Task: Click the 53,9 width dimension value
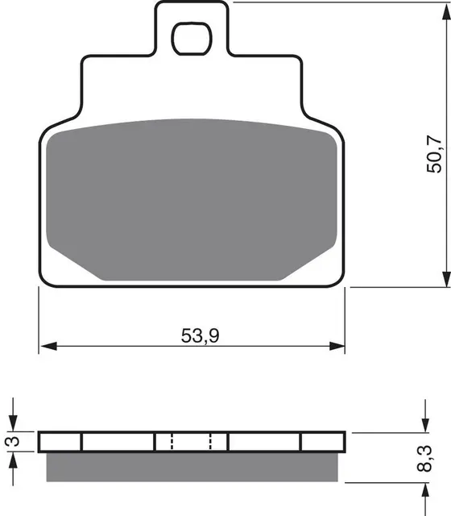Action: [x=200, y=335]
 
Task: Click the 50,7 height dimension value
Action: [x=434, y=154]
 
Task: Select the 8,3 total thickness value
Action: [x=424, y=459]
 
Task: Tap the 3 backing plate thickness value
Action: [x=13, y=441]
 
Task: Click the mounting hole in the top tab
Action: [x=192, y=39]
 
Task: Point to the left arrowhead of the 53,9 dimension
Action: [x=48, y=346]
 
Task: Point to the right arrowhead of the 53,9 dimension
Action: [x=337, y=346]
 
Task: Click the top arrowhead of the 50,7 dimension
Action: [x=446, y=11]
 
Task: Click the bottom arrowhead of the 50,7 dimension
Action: [x=446, y=278]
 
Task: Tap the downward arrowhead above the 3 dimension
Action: [x=13, y=422]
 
